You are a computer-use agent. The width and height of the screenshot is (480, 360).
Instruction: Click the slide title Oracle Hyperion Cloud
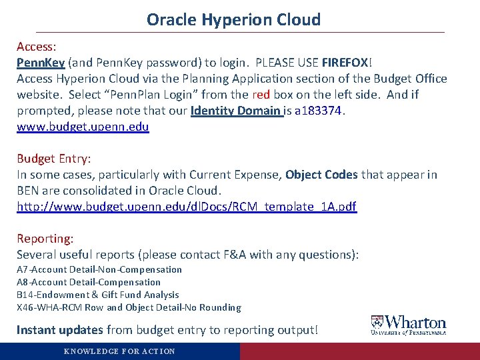point(233,19)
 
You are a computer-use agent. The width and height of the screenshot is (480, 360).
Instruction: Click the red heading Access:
point(36,47)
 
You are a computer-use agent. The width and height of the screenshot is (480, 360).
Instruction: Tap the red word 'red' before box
point(261,94)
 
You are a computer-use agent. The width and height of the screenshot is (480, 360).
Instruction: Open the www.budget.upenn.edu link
point(83,126)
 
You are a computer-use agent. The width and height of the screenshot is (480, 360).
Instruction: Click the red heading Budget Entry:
point(54,159)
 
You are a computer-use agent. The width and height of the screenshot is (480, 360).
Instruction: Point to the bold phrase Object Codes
point(321,175)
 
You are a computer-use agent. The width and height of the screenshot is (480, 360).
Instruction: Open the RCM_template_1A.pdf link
point(187,207)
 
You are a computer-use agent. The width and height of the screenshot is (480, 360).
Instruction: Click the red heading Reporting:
point(45,238)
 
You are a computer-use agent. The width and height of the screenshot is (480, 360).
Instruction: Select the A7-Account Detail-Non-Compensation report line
point(99,269)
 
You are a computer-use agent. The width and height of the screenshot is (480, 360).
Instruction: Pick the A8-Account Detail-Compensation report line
point(89,282)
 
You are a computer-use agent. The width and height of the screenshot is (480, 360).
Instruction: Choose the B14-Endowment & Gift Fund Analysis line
point(98,295)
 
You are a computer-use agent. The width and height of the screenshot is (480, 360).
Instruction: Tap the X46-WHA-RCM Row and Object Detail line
point(129,307)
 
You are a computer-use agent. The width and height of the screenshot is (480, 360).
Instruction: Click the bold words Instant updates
point(60,329)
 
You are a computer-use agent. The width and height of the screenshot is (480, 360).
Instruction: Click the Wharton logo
point(409,325)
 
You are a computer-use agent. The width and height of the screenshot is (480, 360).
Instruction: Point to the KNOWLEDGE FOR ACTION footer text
point(119,351)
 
